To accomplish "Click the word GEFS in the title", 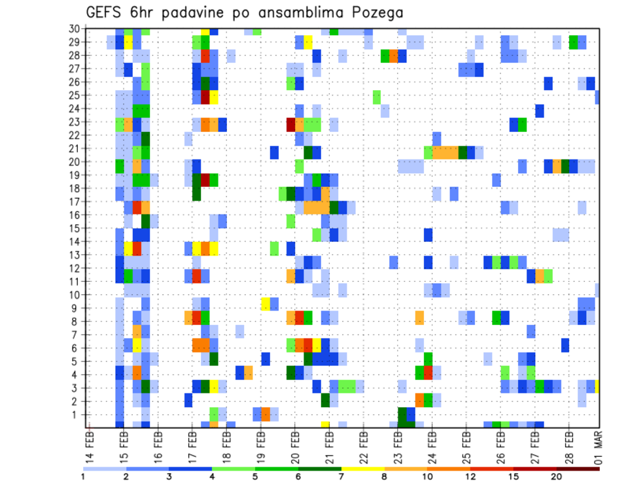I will pos(106,12).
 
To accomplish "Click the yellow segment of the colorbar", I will pos(363,468).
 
